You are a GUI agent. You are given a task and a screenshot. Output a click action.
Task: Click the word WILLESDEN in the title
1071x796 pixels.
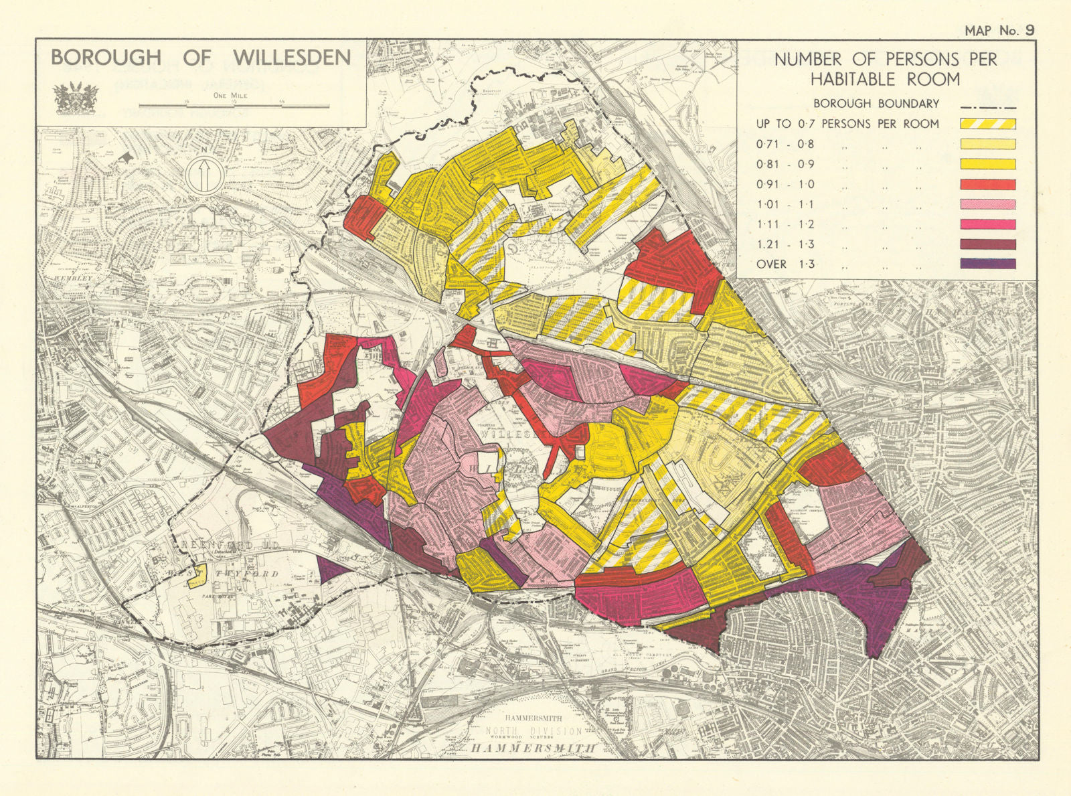[x=293, y=58]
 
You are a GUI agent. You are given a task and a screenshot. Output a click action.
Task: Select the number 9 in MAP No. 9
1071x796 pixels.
[x=1029, y=30]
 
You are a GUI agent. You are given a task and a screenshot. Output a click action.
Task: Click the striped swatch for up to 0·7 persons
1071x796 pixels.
[x=988, y=124]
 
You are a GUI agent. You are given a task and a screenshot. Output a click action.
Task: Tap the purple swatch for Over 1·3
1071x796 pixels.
[x=988, y=264]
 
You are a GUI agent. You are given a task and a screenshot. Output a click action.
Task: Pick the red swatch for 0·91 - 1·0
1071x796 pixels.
[x=988, y=184]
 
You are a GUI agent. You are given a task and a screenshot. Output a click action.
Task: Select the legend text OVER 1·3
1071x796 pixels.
[x=785, y=264]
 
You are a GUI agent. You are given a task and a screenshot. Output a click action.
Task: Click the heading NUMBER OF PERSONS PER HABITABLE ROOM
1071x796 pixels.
[x=885, y=69]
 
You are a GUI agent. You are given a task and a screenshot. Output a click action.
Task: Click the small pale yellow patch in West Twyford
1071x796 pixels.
[x=196, y=578]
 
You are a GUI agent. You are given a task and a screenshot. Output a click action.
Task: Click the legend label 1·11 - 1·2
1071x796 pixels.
[x=785, y=224]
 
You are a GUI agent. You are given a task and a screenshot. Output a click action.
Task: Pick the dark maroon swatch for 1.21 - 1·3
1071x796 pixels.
[x=988, y=244]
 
